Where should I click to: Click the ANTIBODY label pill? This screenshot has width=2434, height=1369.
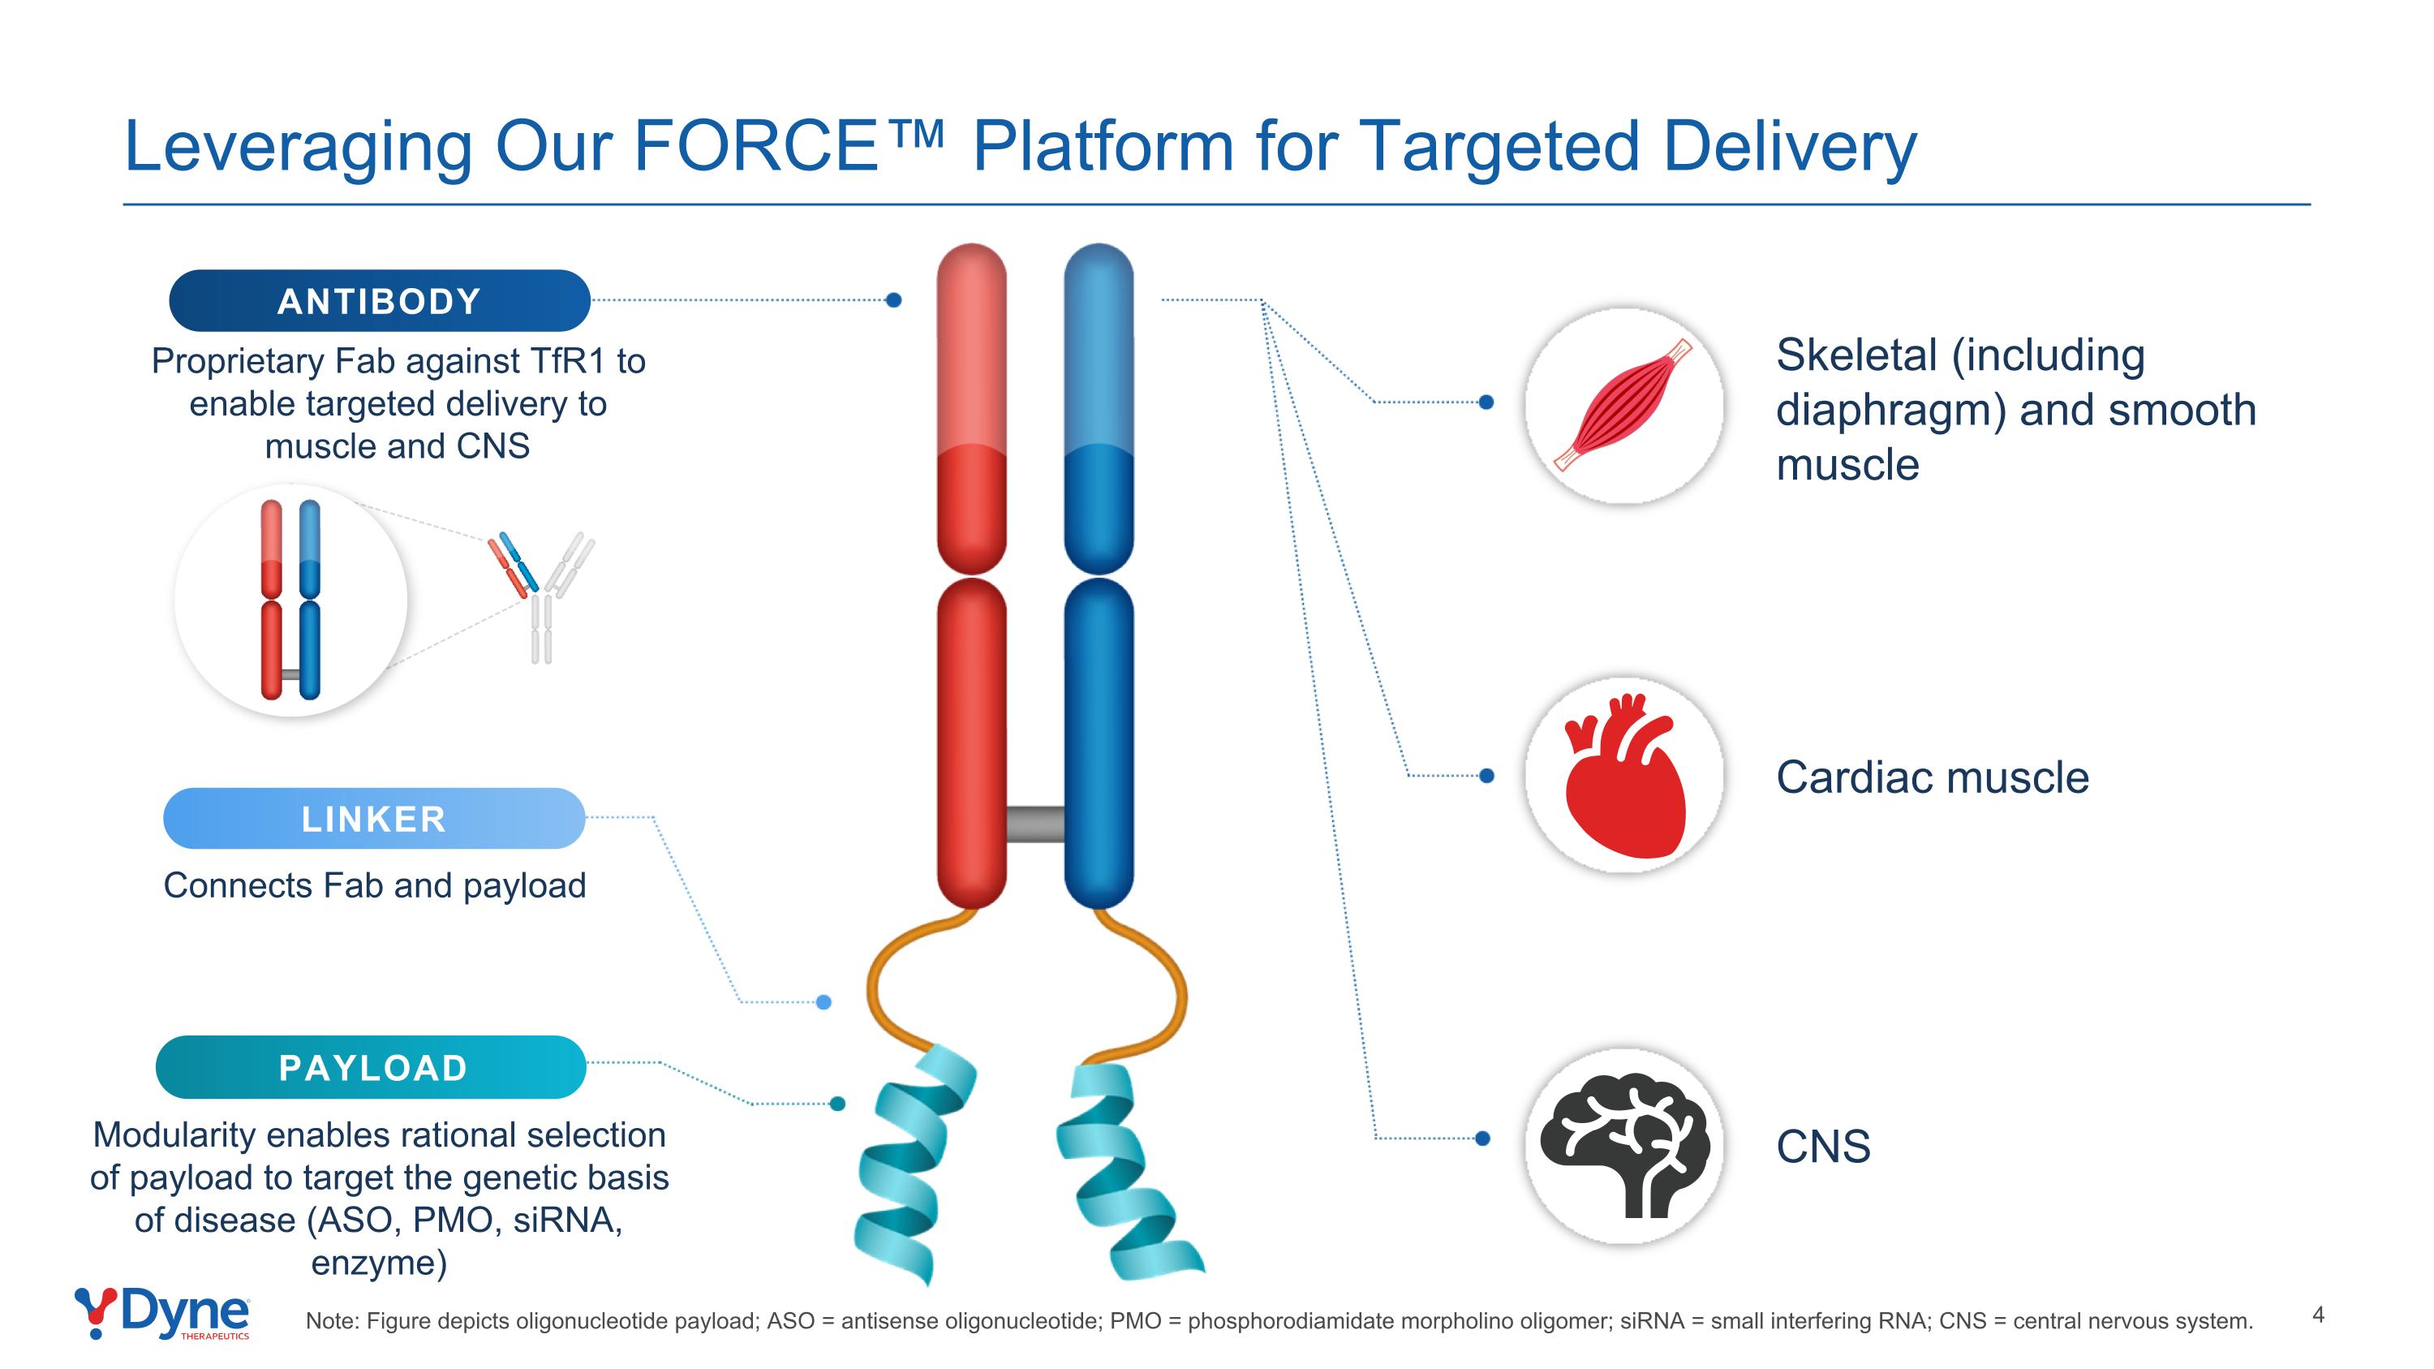pos(379,301)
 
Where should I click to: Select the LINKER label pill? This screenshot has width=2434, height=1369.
pos(374,819)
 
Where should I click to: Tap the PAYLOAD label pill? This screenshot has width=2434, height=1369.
pos(372,1068)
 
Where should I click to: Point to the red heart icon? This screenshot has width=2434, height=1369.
pos(1623,777)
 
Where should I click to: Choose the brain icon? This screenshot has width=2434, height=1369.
pos(1623,1145)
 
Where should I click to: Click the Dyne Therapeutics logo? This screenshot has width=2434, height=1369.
pos(162,1313)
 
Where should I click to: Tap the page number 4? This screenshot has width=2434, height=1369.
pos(2318,1314)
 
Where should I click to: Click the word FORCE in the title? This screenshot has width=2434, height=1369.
pos(757,146)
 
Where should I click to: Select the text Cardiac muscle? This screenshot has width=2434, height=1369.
pos(1933,777)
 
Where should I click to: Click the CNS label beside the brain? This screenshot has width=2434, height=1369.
pos(1823,1147)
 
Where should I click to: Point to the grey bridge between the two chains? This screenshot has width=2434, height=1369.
pos(1035,824)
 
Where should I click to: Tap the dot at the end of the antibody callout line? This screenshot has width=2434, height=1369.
pos(894,300)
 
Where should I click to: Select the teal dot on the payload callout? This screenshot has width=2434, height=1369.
pos(837,1104)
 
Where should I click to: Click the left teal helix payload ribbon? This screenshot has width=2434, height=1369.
pos(907,1172)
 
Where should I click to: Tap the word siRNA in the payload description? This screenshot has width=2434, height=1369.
pos(568,1220)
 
